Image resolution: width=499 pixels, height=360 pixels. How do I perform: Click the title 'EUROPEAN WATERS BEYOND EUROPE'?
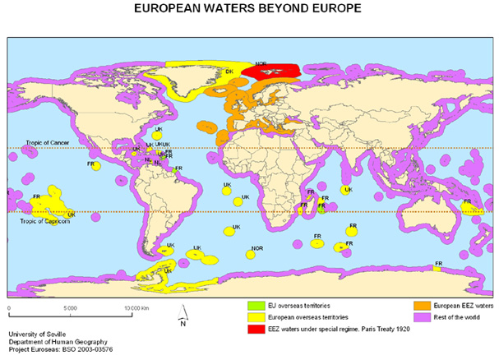pos(249,10)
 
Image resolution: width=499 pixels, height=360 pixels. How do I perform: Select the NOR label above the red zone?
pos(261,63)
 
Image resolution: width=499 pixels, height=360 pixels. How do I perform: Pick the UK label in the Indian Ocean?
pos(348,190)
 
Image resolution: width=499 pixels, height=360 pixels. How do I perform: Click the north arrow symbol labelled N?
pos(186,313)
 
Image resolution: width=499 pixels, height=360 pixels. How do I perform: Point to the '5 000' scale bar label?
pos(70,308)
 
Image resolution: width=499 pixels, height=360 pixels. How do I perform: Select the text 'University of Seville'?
pos(34,335)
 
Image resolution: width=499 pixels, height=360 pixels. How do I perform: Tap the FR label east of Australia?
pos(467,202)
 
